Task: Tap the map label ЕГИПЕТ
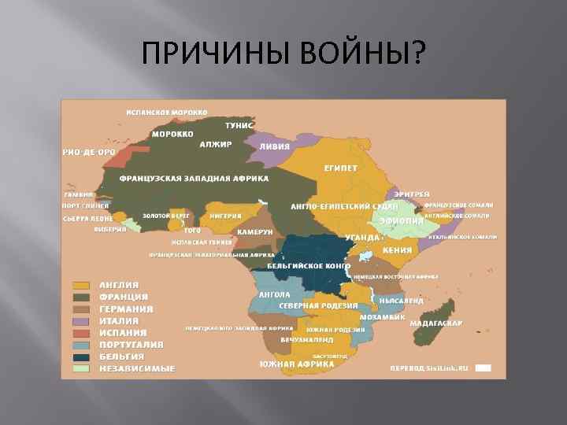point(340,168)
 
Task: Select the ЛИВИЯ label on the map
point(275,146)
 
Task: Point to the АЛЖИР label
point(215,145)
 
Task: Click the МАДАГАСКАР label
point(436,323)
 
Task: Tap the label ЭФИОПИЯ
point(396,221)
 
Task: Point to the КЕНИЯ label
point(398,250)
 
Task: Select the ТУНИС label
point(239,125)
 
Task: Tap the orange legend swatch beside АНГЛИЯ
point(80,285)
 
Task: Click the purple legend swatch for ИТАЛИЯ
point(80,321)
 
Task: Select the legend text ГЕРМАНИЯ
point(126,309)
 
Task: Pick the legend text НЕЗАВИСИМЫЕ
point(137,368)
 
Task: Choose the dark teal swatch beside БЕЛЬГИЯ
point(80,357)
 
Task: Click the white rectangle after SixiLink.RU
point(484,368)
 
